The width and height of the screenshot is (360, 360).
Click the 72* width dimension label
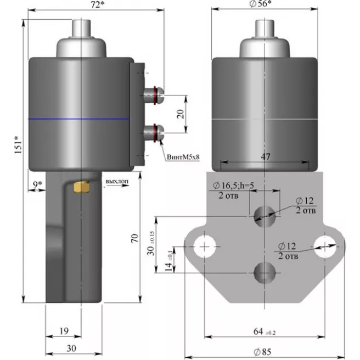[x=98, y=4]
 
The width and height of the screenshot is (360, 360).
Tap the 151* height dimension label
[x=18, y=145]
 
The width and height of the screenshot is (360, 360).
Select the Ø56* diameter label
[x=260, y=4]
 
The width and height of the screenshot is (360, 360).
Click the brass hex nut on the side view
[x=81, y=187]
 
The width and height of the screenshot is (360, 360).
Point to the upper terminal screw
[x=153, y=95]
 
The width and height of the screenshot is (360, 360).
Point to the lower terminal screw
[x=153, y=133]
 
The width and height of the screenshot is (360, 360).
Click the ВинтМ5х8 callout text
[x=183, y=157]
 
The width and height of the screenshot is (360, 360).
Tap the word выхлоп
[x=117, y=182]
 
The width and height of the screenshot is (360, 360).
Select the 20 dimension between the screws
[x=181, y=114]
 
